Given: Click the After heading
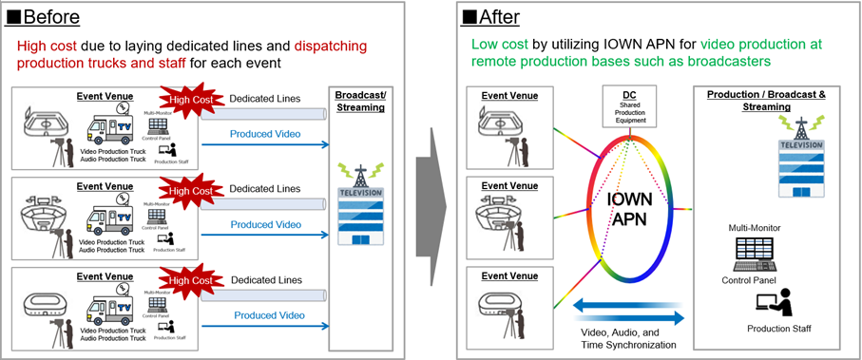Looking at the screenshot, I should tap(494, 16).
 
